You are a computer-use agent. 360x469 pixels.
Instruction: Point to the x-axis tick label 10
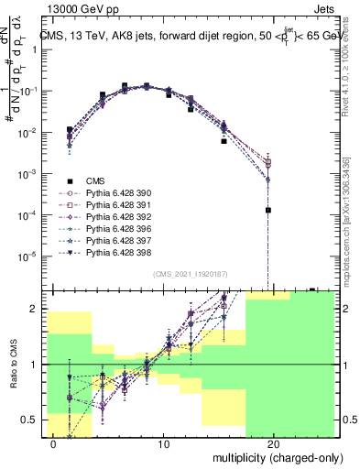tap(164, 444)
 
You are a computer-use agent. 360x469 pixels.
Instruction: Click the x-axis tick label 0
tap(54, 444)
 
